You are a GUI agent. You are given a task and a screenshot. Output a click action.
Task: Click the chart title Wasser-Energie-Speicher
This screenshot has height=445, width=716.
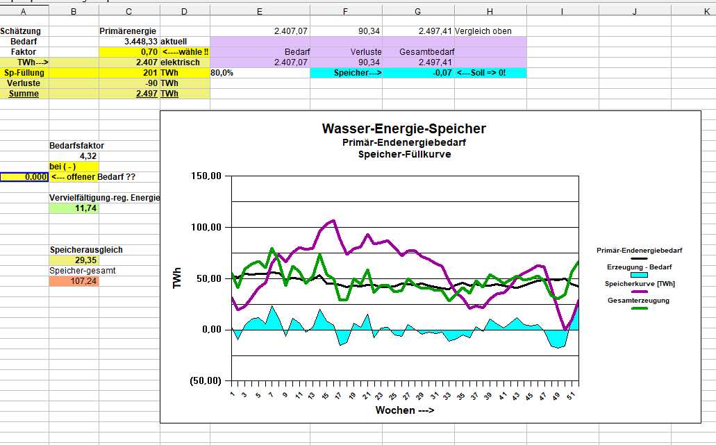[403, 128]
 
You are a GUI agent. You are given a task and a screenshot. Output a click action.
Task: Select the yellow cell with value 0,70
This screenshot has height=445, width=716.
[129, 52]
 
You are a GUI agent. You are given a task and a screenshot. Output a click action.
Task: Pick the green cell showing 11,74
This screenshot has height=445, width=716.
[74, 208]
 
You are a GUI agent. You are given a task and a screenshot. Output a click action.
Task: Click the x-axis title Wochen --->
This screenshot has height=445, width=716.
[405, 410]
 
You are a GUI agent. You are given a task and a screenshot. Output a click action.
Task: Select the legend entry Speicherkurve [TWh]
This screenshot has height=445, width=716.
[640, 283]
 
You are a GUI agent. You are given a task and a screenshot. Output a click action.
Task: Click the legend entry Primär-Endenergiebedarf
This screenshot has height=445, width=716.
[639, 249]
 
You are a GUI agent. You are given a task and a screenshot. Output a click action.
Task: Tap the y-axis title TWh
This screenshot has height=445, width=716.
[176, 279]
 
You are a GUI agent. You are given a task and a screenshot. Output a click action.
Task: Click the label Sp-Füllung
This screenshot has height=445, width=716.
[24, 73]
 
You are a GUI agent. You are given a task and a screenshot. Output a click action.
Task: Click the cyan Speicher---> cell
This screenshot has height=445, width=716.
[346, 73]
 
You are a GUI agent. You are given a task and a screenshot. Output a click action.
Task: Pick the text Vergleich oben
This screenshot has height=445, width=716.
[483, 31]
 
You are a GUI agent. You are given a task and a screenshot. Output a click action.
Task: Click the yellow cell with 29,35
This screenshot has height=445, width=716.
[74, 260]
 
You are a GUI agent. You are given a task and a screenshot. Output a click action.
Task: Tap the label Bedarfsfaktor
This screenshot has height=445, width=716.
[77, 146]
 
